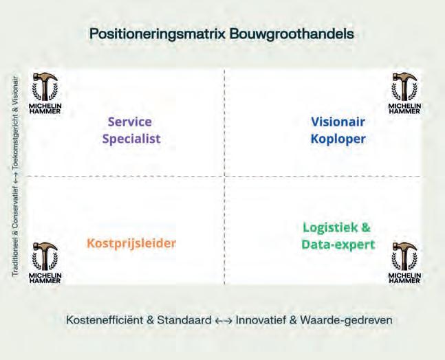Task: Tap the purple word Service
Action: (x=130, y=122)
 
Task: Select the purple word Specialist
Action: (x=131, y=138)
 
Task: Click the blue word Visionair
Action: (x=338, y=122)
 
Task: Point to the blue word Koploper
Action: (x=338, y=138)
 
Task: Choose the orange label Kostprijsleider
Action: (x=131, y=243)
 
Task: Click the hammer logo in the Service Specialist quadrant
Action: (x=45, y=90)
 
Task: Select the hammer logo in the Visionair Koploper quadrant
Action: (x=403, y=90)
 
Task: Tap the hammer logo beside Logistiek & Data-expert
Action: (x=403, y=261)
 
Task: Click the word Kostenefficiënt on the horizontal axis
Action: (x=105, y=320)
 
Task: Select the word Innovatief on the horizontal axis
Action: (x=263, y=320)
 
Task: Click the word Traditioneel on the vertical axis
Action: (x=15, y=254)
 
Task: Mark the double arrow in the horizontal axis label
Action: (x=224, y=320)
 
